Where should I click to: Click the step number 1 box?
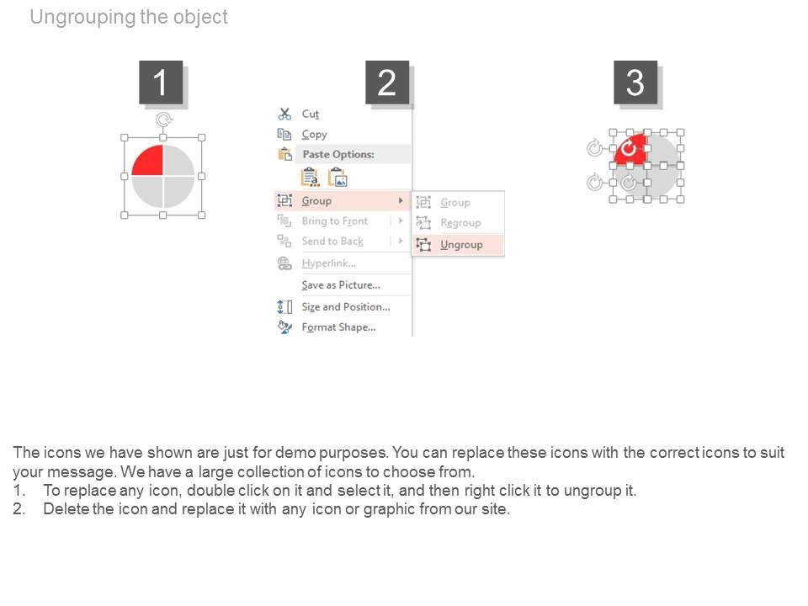[161, 82]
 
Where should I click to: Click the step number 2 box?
[387, 82]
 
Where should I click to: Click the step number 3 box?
[635, 82]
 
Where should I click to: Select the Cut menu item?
[311, 114]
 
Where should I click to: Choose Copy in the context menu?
[314, 135]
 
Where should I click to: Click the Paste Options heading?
[338, 154]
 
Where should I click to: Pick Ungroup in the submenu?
[461, 245]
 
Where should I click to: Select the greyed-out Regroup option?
[460, 223]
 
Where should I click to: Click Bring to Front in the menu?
[334, 221]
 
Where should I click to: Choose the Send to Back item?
[332, 242]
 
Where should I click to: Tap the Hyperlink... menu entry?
[329, 263]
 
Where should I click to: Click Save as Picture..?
[341, 285]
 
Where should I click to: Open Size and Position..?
[346, 307]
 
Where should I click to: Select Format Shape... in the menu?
[338, 327]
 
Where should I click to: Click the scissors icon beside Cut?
[284, 114]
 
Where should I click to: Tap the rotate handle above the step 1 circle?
[164, 120]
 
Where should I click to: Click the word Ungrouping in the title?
[83, 17]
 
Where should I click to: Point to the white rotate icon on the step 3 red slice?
[628, 149]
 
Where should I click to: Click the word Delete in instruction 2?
[66, 509]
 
